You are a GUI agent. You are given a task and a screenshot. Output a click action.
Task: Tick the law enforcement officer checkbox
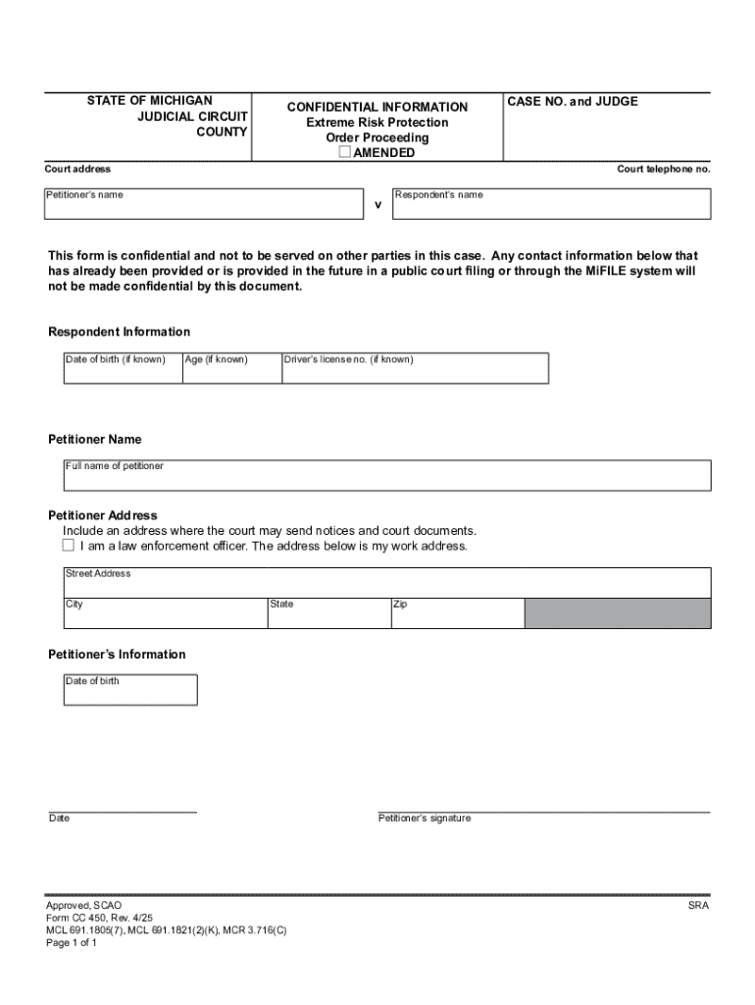tap(69, 546)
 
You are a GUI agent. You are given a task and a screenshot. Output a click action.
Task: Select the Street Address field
tap(387, 582)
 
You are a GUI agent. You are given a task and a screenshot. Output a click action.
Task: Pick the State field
tap(327, 613)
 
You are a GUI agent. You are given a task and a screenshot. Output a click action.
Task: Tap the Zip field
tap(457, 613)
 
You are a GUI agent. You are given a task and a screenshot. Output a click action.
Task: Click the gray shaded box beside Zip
tap(618, 613)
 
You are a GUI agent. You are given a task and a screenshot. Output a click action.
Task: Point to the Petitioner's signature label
tap(425, 819)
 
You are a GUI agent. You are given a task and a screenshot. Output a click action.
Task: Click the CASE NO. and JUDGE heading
tap(573, 101)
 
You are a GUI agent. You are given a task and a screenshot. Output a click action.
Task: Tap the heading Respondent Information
tap(120, 332)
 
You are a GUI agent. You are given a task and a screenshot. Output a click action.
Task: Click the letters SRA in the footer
tap(698, 905)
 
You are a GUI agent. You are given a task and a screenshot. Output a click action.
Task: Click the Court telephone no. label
tap(663, 170)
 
